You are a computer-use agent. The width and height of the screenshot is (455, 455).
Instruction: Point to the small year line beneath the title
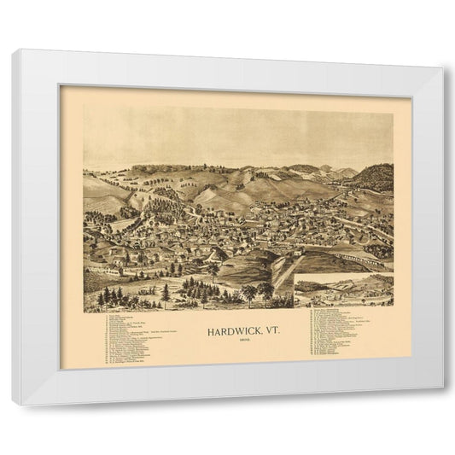click(x=238, y=339)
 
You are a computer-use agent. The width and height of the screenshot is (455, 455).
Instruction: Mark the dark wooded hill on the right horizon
click(x=374, y=178)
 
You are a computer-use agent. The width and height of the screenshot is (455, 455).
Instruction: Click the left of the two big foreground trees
click(x=249, y=295)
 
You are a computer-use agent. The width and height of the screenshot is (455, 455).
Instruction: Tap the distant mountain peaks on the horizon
click(x=341, y=171)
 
